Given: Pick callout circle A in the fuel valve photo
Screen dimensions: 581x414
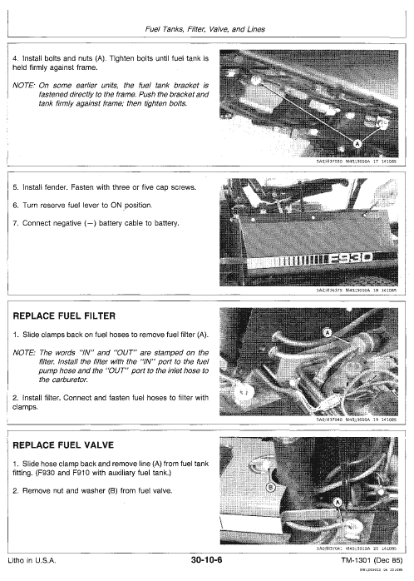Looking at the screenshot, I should (x=338, y=503).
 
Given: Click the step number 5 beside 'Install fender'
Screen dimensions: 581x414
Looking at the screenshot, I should (x=17, y=188).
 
